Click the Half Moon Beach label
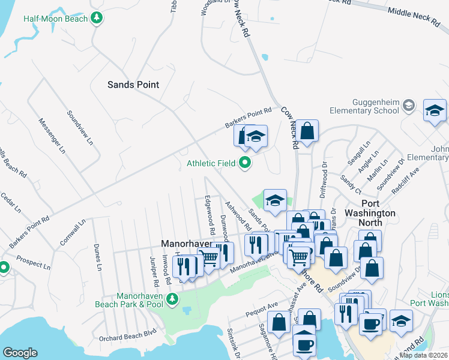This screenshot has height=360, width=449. [55, 19]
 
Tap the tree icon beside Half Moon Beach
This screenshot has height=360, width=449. [96, 19]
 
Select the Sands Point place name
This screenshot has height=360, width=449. [133, 85]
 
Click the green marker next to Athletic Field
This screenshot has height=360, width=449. [245, 163]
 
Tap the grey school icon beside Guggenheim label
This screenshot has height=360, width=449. [409, 106]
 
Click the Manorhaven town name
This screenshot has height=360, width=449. [185, 244]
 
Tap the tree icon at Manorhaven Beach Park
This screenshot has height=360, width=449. [172, 298]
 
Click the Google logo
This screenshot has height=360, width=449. [20, 353]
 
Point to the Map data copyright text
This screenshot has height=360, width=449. [424, 355]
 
